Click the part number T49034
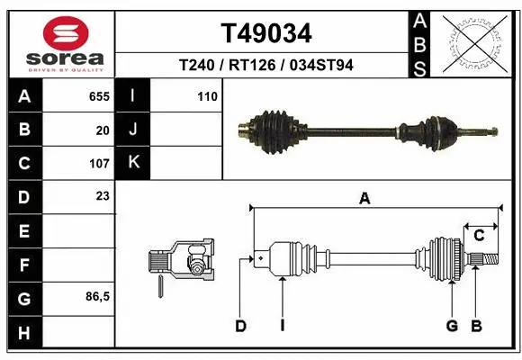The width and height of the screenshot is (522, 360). [266, 34]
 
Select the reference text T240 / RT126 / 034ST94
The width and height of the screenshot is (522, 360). [266, 65]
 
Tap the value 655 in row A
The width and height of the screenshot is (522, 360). [99, 96]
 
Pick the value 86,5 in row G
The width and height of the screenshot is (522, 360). [97, 296]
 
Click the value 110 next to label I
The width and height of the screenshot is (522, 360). [207, 96]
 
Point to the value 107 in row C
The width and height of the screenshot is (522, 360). [99, 164]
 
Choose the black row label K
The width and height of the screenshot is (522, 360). [133, 163]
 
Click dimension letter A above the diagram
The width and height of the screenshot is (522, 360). [364, 199]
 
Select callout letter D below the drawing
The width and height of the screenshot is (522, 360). [240, 326]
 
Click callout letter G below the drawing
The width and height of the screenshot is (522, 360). [452, 326]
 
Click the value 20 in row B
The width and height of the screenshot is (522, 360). [103, 130]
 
